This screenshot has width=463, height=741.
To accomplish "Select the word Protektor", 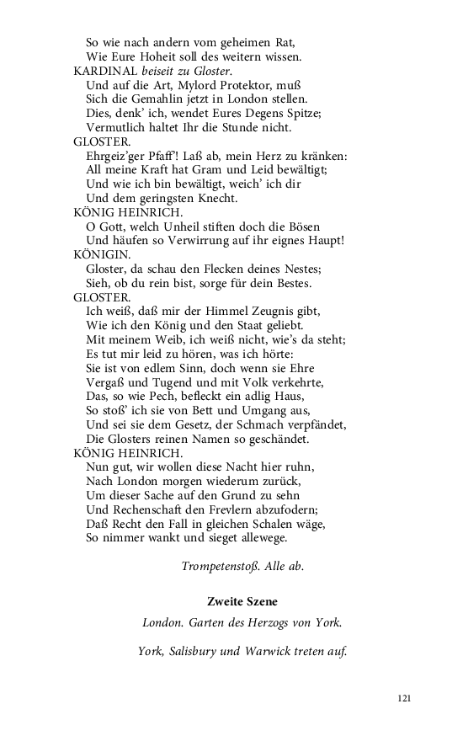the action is [x=248, y=85].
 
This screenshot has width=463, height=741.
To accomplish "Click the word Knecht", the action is [x=216, y=199].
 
